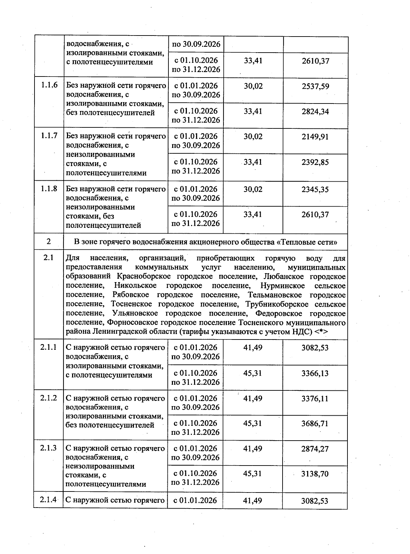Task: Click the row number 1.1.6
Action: tap(49, 85)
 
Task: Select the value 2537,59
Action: tap(315, 86)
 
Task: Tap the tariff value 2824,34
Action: tap(315, 111)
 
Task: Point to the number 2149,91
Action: tap(315, 137)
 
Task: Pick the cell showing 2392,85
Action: tap(315, 162)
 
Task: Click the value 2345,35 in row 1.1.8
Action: tap(315, 189)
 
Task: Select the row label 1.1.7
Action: tap(49, 136)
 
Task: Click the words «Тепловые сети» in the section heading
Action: tap(307, 242)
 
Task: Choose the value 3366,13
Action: tap(315, 373)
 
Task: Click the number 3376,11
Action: tap(315, 399)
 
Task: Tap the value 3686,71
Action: tap(315, 424)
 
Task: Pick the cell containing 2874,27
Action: tap(315, 449)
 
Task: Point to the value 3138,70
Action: tap(315, 474)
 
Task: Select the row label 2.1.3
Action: tap(49, 448)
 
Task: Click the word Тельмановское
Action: tap(275, 295)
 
